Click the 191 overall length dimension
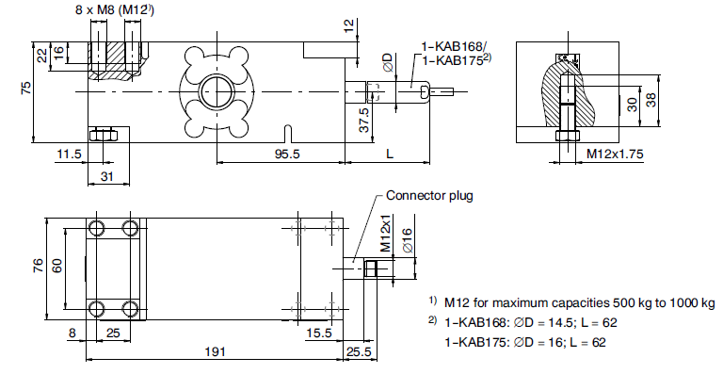click(215, 352)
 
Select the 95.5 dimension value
click(287, 154)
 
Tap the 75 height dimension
click(26, 88)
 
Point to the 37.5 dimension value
click(364, 120)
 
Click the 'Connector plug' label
click(429, 196)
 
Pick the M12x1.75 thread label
click(615, 154)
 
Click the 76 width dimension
click(39, 265)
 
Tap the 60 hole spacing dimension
click(56, 265)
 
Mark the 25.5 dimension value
click(359, 352)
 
